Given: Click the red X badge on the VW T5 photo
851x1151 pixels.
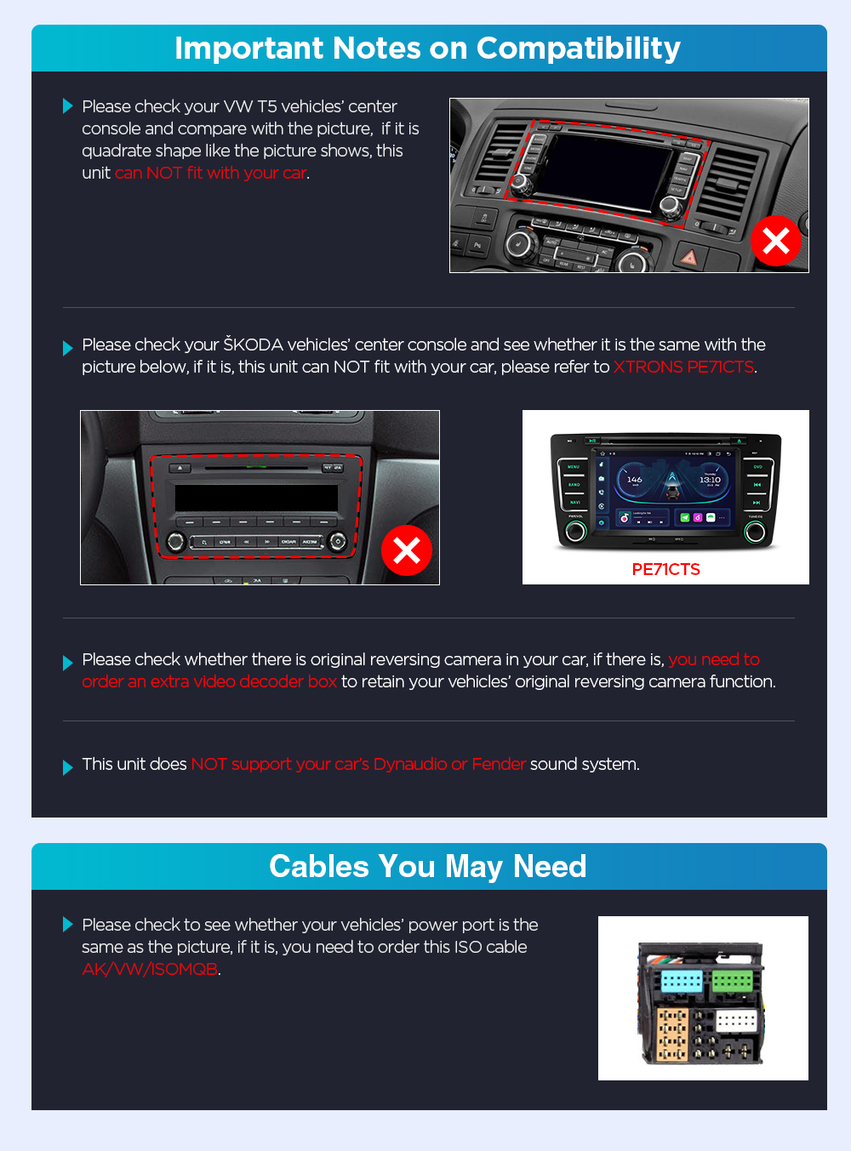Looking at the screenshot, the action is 776,241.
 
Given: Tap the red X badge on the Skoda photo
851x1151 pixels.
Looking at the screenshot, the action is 407,550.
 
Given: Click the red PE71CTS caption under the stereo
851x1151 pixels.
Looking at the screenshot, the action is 665,569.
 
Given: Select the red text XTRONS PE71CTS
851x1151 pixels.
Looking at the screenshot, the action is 683,367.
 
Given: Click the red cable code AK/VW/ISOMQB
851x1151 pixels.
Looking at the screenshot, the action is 150,969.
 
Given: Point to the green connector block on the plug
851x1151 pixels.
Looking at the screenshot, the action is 732,980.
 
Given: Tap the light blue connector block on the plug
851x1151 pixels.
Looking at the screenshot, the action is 682,980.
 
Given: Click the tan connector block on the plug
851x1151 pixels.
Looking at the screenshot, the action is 672,1034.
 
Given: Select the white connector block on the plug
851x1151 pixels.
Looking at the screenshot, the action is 736,1021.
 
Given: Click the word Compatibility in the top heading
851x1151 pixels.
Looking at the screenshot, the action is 579,48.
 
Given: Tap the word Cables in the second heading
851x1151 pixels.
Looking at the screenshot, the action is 319,866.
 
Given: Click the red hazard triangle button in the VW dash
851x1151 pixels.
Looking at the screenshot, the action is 689,256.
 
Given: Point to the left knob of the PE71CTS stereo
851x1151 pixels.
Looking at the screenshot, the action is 575,531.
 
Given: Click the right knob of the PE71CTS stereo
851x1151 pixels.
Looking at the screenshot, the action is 755,532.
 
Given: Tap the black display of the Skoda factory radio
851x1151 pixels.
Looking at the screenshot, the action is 256,498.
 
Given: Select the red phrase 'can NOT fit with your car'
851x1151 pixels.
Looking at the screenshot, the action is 210,173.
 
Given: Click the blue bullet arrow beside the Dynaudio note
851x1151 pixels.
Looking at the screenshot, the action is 67,767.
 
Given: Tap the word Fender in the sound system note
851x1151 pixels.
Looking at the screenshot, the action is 499,764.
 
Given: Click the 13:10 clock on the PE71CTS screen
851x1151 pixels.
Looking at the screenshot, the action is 710,480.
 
